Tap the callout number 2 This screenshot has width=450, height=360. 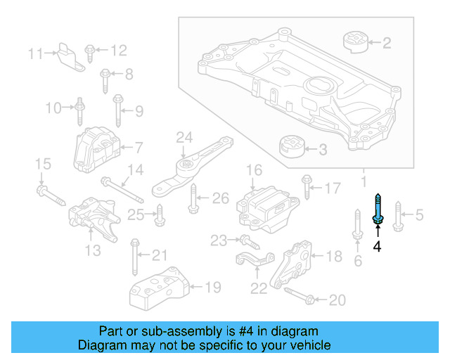[x=386, y=44]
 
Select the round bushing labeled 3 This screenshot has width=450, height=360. [x=290, y=148]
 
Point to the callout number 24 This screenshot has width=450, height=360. [x=184, y=136]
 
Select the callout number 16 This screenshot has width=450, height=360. [x=254, y=169]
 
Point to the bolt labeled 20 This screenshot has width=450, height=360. [x=297, y=297]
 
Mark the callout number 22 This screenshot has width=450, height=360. [x=258, y=287]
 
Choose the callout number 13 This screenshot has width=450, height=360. [x=94, y=251]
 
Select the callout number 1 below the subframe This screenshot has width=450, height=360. [x=364, y=182]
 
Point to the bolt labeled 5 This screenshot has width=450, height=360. [x=398, y=215]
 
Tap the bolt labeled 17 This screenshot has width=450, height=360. [x=307, y=187]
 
